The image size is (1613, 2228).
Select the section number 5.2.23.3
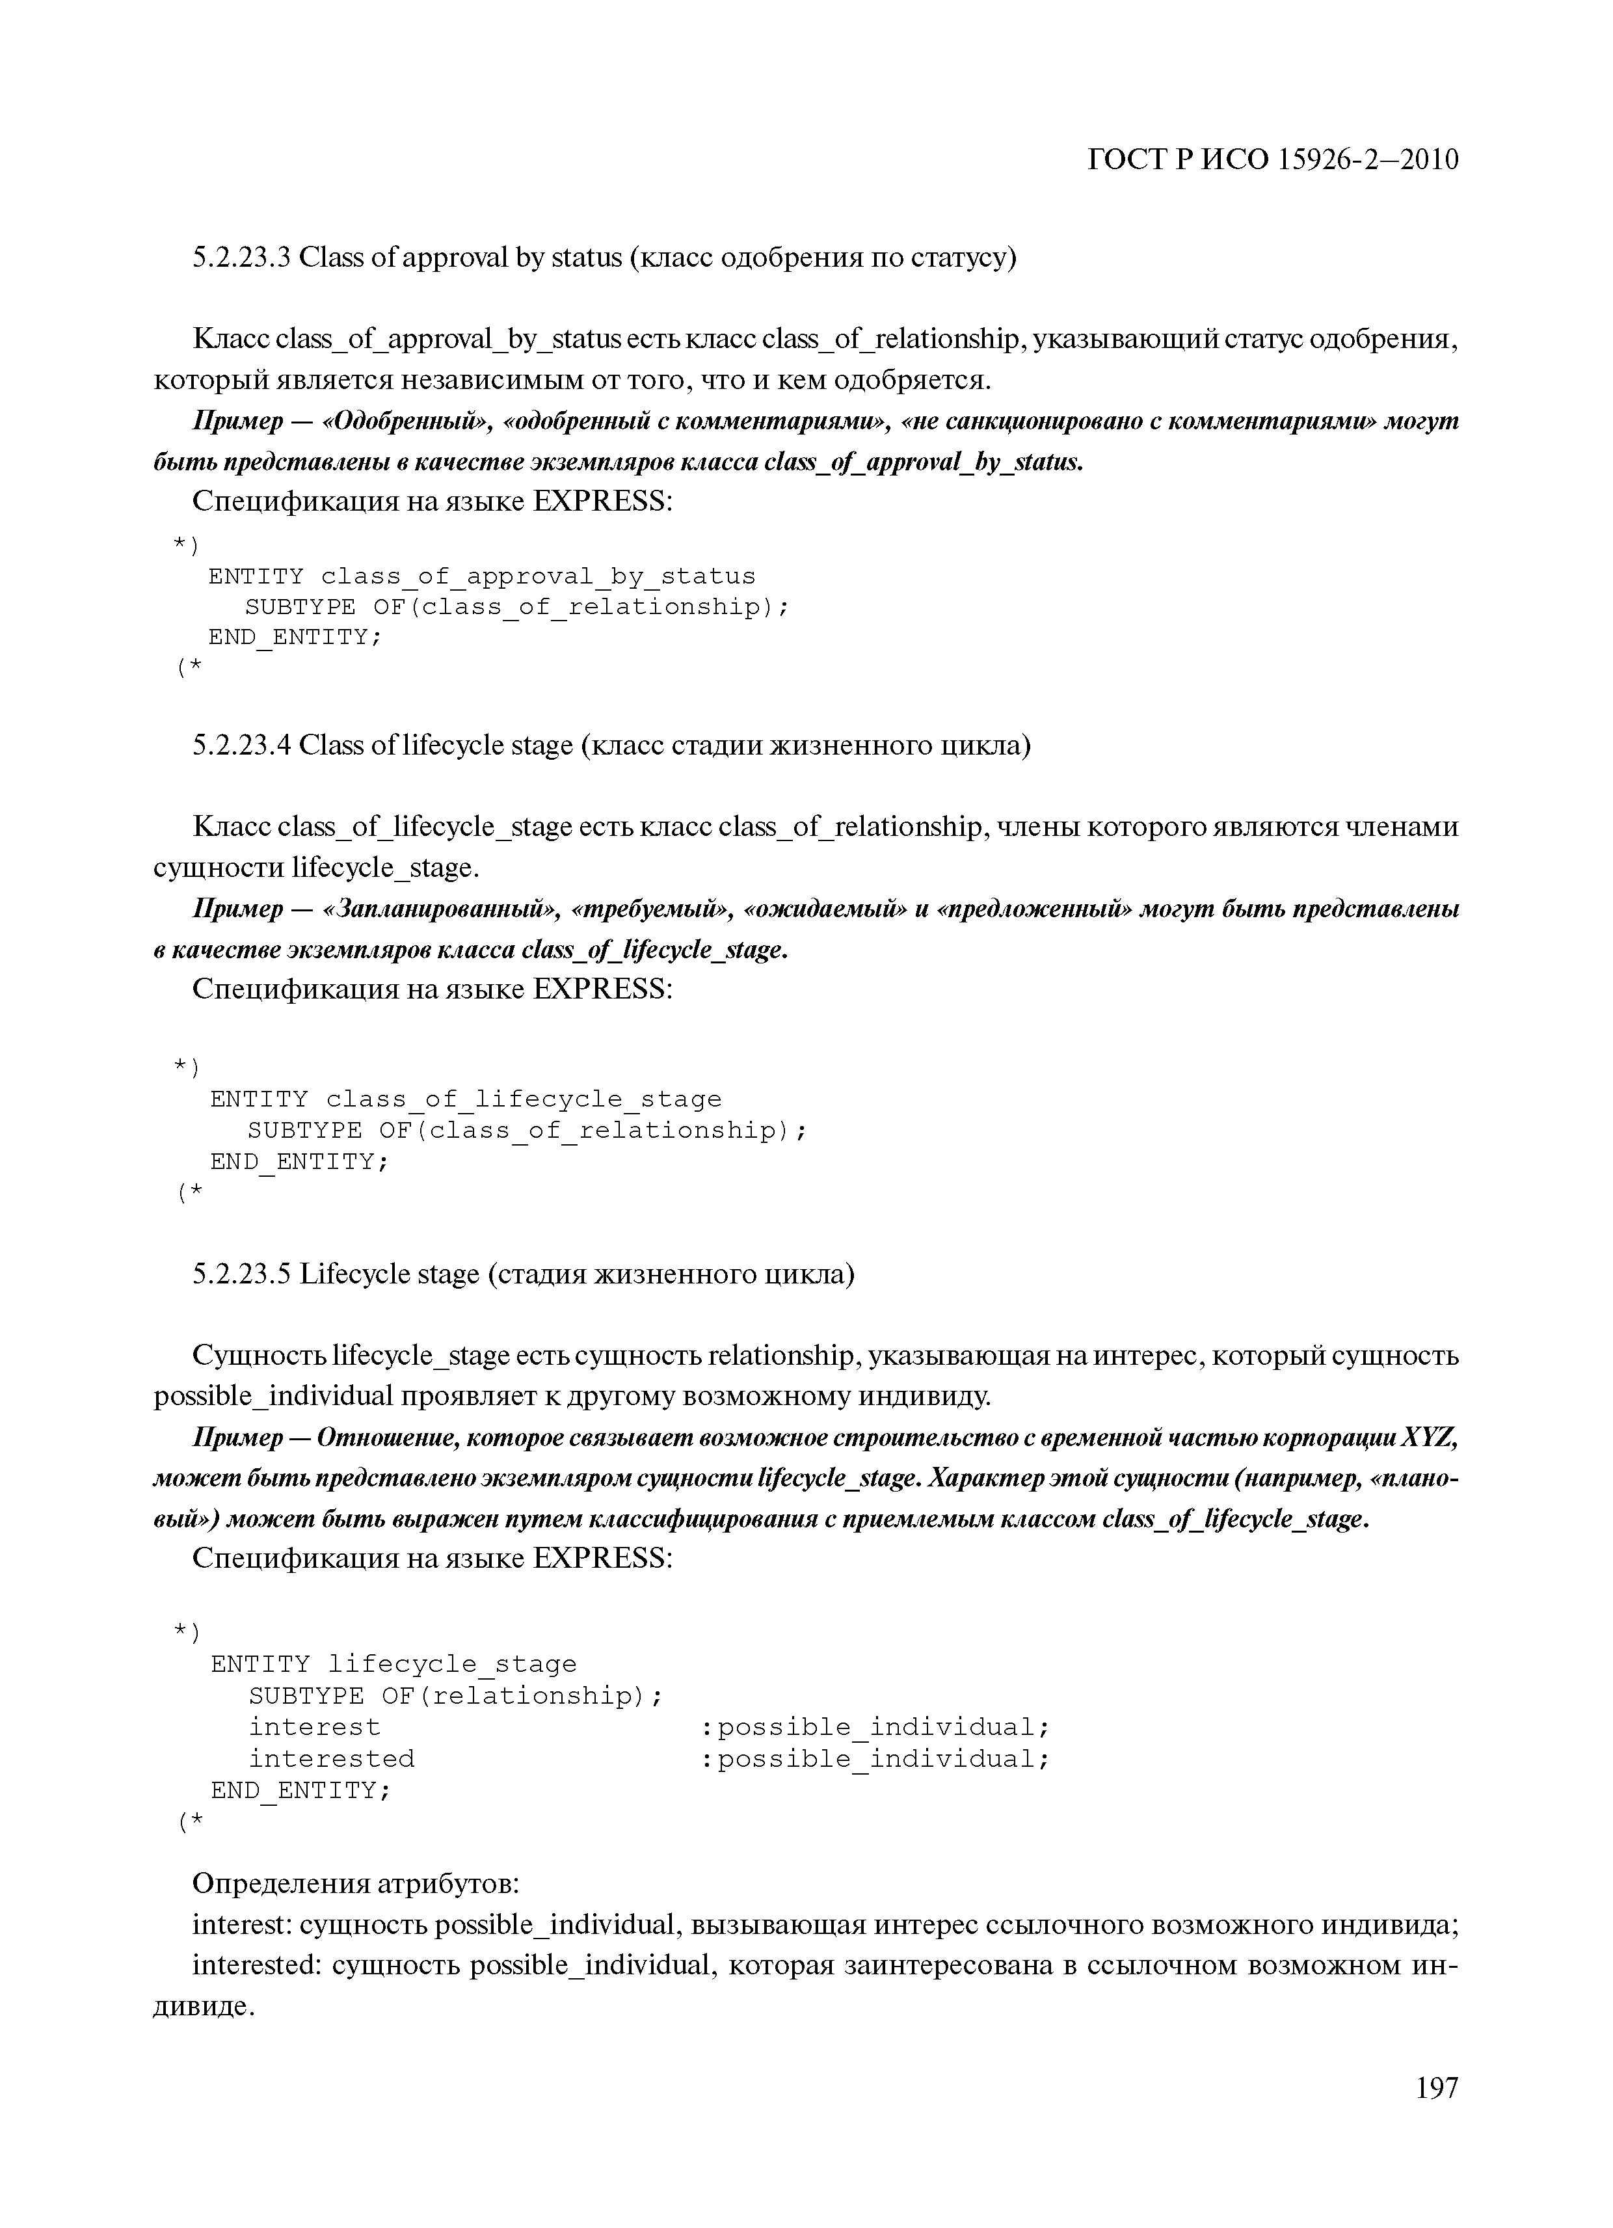click(x=241, y=258)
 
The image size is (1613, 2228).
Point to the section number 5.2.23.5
click(x=241, y=1274)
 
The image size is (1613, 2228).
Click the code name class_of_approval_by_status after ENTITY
click(x=539, y=576)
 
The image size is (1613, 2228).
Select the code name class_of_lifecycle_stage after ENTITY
click(x=524, y=1099)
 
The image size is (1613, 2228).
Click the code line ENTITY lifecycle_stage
click(x=393, y=1664)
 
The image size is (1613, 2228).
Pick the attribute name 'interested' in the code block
click(x=331, y=1758)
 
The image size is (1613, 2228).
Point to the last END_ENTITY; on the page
click(x=300, y=1790)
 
